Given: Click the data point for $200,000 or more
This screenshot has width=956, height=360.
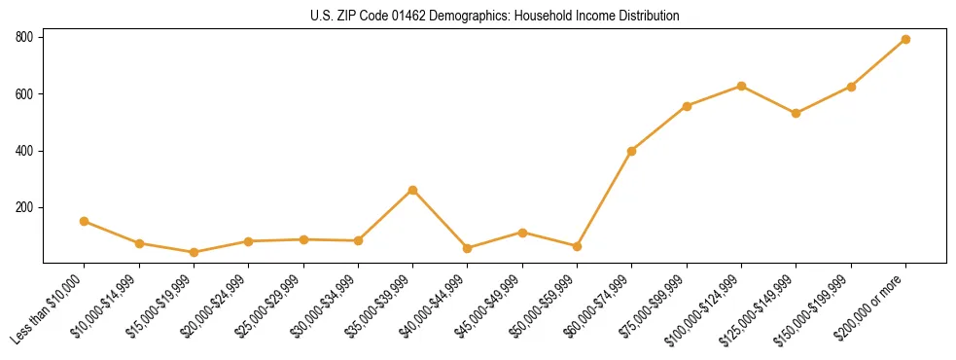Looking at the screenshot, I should [x=905, y=39].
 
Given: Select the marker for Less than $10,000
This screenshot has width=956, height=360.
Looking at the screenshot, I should [x=85, y=221].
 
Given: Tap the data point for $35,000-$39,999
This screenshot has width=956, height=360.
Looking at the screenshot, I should [x=413, y=190].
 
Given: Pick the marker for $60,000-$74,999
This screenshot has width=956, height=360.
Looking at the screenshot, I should [x=632, y=151].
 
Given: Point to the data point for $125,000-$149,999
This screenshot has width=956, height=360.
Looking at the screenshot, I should [x=797, y=113].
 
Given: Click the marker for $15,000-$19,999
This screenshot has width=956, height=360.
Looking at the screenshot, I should [x=195, y=252].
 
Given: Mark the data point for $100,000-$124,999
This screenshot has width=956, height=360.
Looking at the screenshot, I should [x=742, y=86].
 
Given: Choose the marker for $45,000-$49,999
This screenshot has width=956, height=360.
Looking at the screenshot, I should [x=523, y=233].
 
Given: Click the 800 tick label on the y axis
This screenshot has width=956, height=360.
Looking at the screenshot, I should [x=24, y=37].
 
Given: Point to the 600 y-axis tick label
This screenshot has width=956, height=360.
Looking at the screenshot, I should [x=24, y=94].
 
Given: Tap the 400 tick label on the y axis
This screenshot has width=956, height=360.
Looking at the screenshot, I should [x=24, y=151].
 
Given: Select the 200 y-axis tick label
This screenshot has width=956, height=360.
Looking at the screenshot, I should [x=24, y=208].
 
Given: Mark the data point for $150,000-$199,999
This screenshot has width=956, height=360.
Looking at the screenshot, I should [x=851, y=87].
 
